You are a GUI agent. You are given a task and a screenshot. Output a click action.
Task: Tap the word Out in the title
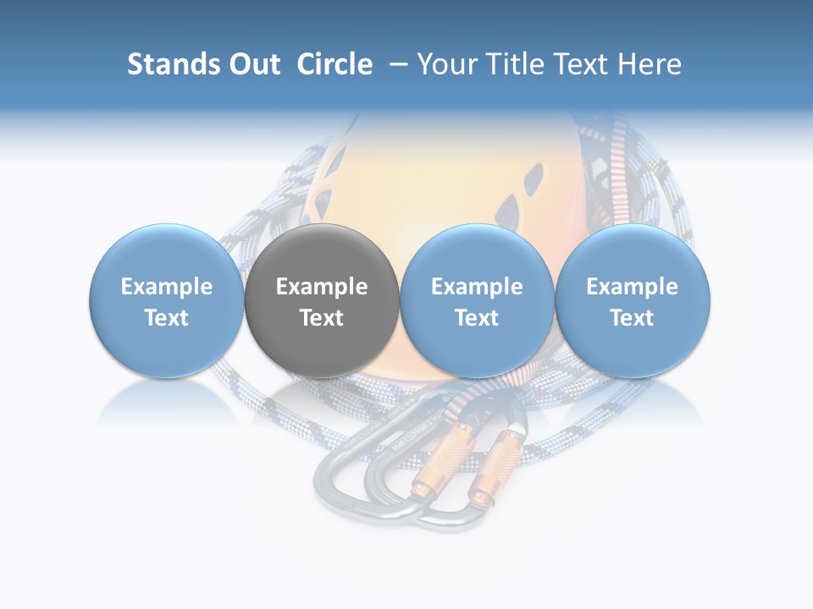(x=251, y=64)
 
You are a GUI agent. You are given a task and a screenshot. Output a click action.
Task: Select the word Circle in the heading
(x=335, y=64)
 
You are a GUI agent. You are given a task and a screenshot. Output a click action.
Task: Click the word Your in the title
(x=447, y=64)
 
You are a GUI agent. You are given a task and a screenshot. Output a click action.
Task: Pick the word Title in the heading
(x=514, y=64)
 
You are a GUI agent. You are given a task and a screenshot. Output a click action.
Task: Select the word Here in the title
(x=651, y=64)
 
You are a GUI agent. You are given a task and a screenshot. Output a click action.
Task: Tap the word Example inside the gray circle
(x=322, y=287)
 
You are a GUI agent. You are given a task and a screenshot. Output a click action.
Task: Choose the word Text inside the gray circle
(x=322, y=318)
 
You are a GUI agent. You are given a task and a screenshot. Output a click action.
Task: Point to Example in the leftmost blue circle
(x=166, y=287)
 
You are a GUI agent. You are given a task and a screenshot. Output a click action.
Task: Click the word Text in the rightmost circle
(x=632, y=318)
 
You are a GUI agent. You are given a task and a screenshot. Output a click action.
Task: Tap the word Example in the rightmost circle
(x=632, y=287)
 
